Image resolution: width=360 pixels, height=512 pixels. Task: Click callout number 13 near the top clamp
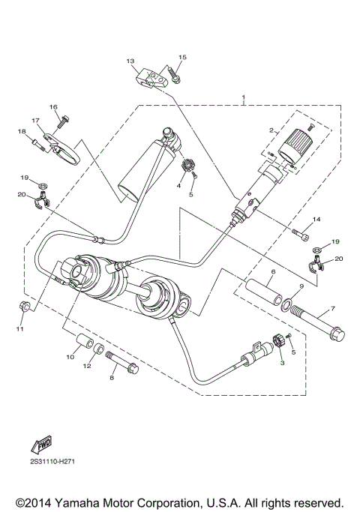coord(130,61)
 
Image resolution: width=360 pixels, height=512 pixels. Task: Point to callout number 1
coord(243,97)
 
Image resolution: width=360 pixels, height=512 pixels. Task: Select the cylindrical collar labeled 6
coord(259,288)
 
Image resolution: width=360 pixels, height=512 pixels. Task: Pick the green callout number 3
coord(283,362)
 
